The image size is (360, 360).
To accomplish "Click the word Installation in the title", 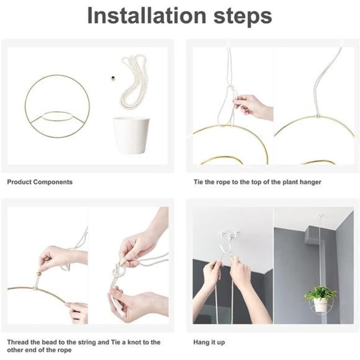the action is (x=146, y=16).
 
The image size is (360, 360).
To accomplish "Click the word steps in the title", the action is (x=243, y=17).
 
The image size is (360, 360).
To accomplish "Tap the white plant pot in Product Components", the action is (x=131, y=135).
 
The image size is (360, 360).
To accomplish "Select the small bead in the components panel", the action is (x=113, y=78).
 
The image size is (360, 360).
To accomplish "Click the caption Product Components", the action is (x=40, y=182).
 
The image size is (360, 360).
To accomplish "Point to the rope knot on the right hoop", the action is (x=318, y=115).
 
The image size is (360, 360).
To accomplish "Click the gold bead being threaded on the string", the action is (x=38, y=274).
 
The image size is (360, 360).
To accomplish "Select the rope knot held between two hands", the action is (x=117, y=272).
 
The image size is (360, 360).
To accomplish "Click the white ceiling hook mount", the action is (x=228, y=235).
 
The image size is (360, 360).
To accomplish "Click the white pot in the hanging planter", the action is (x=320, y=305).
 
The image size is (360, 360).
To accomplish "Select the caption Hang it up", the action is (x=209, y=343).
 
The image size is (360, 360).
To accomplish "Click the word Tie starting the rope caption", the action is (x=198, y=182).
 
